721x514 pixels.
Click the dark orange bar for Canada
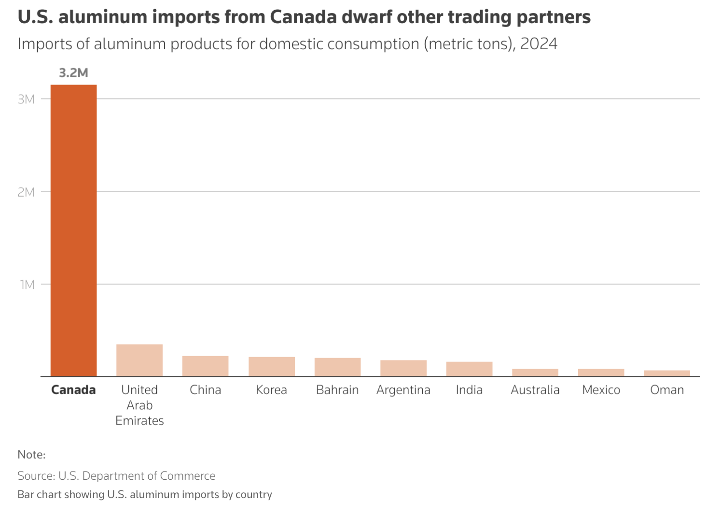tap(73, 230)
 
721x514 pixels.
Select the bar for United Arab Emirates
tap(139, 360)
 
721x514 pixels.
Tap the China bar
tap(205, 366)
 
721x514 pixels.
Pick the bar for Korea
tap(271, 367)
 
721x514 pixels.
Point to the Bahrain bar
tap(337, 367)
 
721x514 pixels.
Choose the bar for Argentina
tap(403, 368)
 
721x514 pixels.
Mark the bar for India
tap(469, 369)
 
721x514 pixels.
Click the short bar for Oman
tap(667, 373)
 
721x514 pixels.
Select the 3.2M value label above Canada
tap(73, 73)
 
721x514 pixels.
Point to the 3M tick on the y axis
tap(26, 99)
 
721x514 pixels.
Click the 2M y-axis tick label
tap(26, 192)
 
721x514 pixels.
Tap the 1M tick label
tap(28, 285)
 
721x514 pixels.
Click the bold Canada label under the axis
tap(73, 390)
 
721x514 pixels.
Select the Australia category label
tap(535, 390)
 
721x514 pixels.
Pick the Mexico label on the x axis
tap(601, 390)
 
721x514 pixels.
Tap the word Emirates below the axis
tap(139, 421)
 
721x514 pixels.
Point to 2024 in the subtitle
tap(539, 44)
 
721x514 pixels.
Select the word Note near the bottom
tap(30, 455)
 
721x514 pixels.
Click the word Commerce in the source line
tap(188, 476)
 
